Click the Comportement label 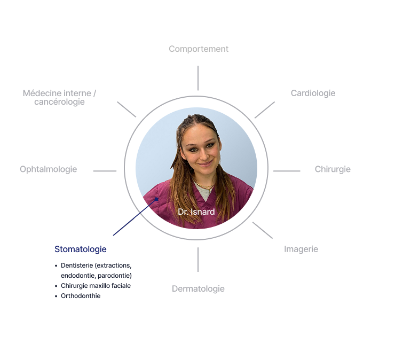coord(199,49)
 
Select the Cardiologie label coord(313,93)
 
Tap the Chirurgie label coord(333,169)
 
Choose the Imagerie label coord(301,249)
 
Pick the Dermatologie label coord(198,289)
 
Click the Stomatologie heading coord(81,249)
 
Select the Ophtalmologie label coord(49,169)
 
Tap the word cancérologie coord(59,102)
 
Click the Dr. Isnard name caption coord(196,212)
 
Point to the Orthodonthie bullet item coord(81,296)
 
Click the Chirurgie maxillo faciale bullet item coord(96,286)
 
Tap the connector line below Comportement coord(198,78)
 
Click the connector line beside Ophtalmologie coord(105,171)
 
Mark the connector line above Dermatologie coord(198,260)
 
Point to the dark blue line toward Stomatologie coord(136,217)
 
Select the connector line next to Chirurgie coord(287,171)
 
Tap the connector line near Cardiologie coord(265,110)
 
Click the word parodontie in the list coord(115,276)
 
